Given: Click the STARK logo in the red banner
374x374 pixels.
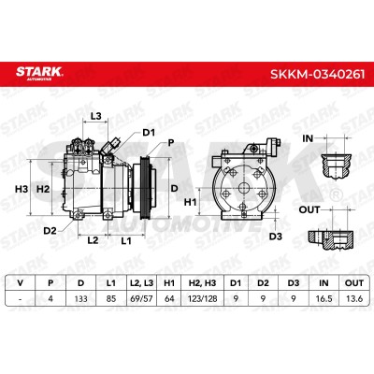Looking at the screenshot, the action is (39, 73).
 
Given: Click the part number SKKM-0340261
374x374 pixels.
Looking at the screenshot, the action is (317, 75).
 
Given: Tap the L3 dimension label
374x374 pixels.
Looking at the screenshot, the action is (96, 116).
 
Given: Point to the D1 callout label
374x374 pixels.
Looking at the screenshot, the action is (149, 133).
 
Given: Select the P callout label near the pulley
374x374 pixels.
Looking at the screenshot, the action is (170, 143).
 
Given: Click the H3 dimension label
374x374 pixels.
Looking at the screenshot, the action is (22, 189).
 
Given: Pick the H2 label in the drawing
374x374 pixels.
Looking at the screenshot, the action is (43, 189).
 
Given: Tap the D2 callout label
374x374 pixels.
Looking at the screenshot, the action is (50, 231).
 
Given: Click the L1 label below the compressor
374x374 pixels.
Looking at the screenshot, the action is (126, 241).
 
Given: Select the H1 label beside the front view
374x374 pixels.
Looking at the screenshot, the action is (190, 202).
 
